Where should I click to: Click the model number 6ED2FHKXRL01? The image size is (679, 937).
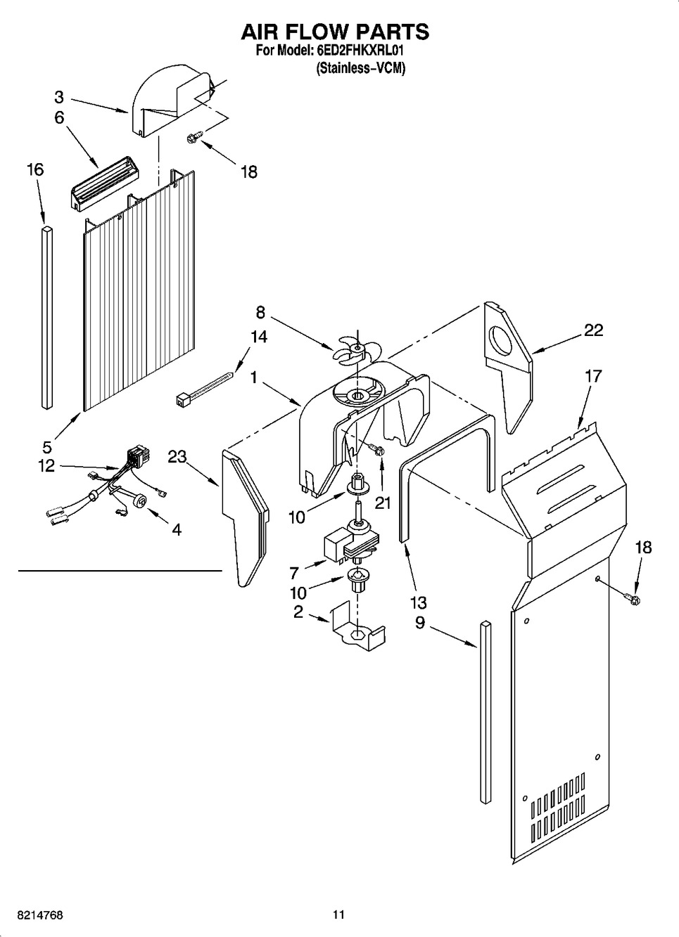click(360, 51)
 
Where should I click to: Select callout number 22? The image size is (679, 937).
click(593, 330)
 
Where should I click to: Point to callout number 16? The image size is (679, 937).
click(35, 170)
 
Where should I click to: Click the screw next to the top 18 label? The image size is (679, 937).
click(196, 136)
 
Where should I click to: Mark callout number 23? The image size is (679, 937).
click(177, 457)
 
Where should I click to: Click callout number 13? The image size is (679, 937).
click(419, 602)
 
